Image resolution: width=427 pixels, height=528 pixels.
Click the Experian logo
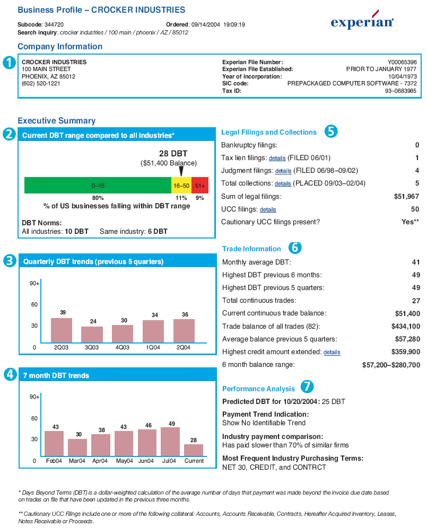(x=362, y=21)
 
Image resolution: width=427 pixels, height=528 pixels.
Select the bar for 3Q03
(x=92, y=335)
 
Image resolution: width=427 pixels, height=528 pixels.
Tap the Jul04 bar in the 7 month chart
(x=170, y=442)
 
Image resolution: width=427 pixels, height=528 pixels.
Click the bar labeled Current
(x=194, y=450)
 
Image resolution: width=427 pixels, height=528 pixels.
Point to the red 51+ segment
(x=200, y=185)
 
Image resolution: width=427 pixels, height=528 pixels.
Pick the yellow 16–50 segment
(x=181, y=185)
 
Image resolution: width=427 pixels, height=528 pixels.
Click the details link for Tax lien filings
(x=277, y=159)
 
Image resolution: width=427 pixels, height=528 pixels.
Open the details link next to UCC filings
(x=268, y=209)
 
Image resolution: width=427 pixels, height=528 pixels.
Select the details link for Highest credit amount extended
(x=332, y=352)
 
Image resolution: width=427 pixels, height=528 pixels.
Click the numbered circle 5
(x=331, y=131)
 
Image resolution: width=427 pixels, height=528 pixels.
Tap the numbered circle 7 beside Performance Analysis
(x=307, y=386)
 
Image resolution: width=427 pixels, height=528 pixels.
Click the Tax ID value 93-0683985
(x=400, y=91)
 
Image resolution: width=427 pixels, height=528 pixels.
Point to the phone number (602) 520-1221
(x=41, y=84)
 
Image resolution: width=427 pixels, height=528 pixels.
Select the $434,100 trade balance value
(x=406, y=327)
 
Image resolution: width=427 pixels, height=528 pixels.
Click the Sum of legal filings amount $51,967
(x=406, y=196)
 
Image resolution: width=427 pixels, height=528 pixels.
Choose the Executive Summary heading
(x=57, y=120)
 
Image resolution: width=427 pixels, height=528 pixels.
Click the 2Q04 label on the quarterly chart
(x=184, y=348)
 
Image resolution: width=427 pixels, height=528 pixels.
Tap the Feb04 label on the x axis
(x=54, y=461)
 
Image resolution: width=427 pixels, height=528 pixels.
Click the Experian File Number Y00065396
(x=402, y=63)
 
